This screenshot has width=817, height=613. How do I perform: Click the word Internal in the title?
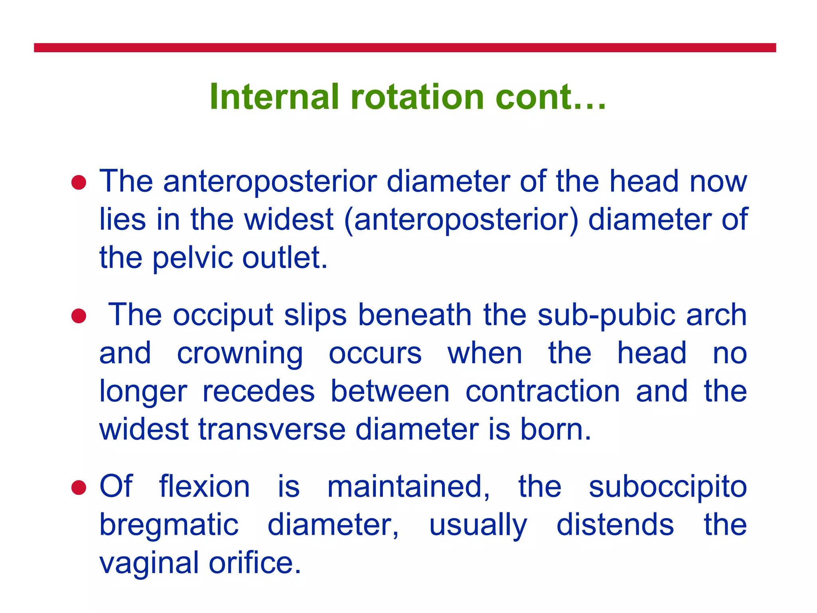pyautogui.click(x=274, y=97)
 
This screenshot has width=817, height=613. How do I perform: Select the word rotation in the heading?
pyautogui.click(x=417, y=97)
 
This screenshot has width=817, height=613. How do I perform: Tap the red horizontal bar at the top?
pyautogui.click(x=405, y=48)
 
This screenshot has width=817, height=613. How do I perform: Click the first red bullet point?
pyautogui.click(x=79, y=183)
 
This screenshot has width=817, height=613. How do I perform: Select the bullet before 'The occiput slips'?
pyautogui.click(x=79, y=316)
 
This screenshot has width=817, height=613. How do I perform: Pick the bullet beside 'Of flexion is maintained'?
pyautogui.click(x=79, y=487)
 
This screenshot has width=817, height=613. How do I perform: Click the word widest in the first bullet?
pyautogui.click(x=288, y=219)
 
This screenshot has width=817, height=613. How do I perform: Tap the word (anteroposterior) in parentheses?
pyautogui.click(x=460, y=220)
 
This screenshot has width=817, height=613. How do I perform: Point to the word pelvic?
pyautogui.click(x=192, y=258)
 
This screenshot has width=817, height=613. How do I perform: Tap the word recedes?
pyautogui.click(x=259, y=392)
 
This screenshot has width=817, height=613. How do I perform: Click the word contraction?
pyautogui.click(x=543, y=392)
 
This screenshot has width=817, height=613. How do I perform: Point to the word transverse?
pyautogui.click(x=272, y=430)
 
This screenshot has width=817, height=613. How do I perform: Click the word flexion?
pyautogui.click(x=204, y=486)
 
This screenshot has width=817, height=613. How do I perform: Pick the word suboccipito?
pyautogui.click(x=667, y=487)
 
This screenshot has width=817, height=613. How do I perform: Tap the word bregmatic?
pyautogui.click(x=169, y=526)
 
